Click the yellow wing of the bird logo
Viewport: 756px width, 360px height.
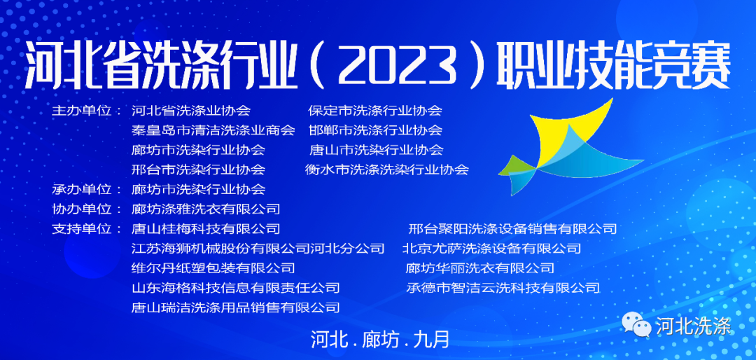(566, 132)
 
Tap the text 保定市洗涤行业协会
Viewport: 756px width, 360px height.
(375, 111)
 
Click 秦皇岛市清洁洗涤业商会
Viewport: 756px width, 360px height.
(213, 130)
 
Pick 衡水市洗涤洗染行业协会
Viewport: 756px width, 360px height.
(386, 169)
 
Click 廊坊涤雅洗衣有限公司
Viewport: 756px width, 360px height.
(206, 209)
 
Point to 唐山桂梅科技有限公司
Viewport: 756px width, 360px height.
(206, 229)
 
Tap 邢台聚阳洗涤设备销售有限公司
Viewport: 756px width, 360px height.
(512, 229)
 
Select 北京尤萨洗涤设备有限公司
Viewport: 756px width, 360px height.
(492, 249)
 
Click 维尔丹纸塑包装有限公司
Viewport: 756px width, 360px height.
(213, 268)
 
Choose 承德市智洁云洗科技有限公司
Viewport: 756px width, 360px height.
(503, 288)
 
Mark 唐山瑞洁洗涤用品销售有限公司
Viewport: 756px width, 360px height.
(236, 307)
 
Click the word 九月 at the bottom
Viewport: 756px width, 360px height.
(431, 339)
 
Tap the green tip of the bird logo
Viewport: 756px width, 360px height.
(515, 168)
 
